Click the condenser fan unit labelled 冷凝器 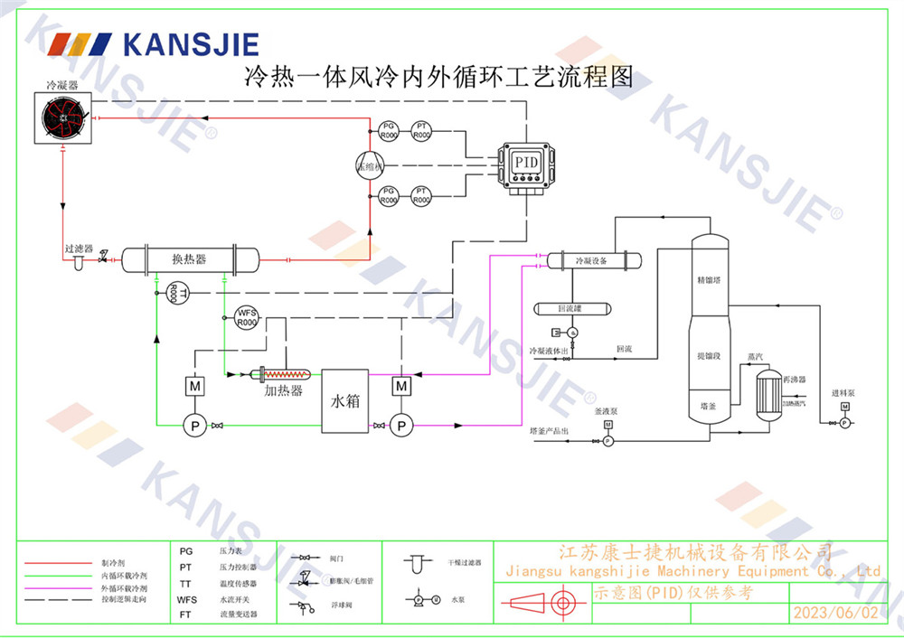(64, 120)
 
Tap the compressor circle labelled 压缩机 (370, 164)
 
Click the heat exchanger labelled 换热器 (189, 259)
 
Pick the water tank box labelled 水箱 (345, 399)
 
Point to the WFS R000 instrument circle (247, 317)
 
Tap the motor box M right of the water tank (401, 387)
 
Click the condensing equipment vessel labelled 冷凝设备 (592, 260)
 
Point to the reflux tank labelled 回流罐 (571, 308)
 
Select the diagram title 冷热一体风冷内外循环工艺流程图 (438, 77)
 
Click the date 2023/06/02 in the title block (834, 613)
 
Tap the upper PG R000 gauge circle (388, 130)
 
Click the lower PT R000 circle (421, 195)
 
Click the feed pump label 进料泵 (843, 394)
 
